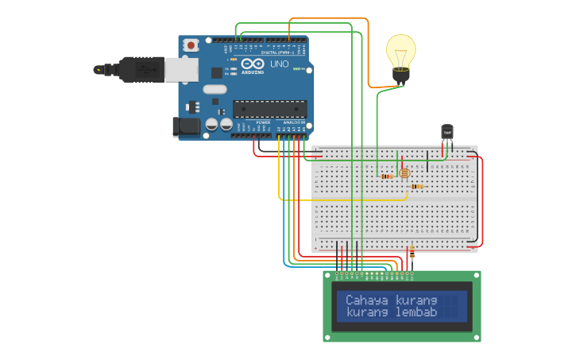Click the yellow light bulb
[x=400, y=51]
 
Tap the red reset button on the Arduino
[x=191, y=47]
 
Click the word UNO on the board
[x=280, y=64]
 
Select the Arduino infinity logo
[x=253, y=64]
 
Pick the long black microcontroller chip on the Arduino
[x=269, y=109]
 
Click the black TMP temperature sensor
[x=446, y=132]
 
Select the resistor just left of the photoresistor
[x=388, y=176]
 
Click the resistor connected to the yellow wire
[x=417, y=186]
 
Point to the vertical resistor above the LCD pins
[x=411, y=254]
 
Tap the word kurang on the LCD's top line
[x=416, y=300]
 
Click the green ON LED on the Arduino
[x=296, y=69]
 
